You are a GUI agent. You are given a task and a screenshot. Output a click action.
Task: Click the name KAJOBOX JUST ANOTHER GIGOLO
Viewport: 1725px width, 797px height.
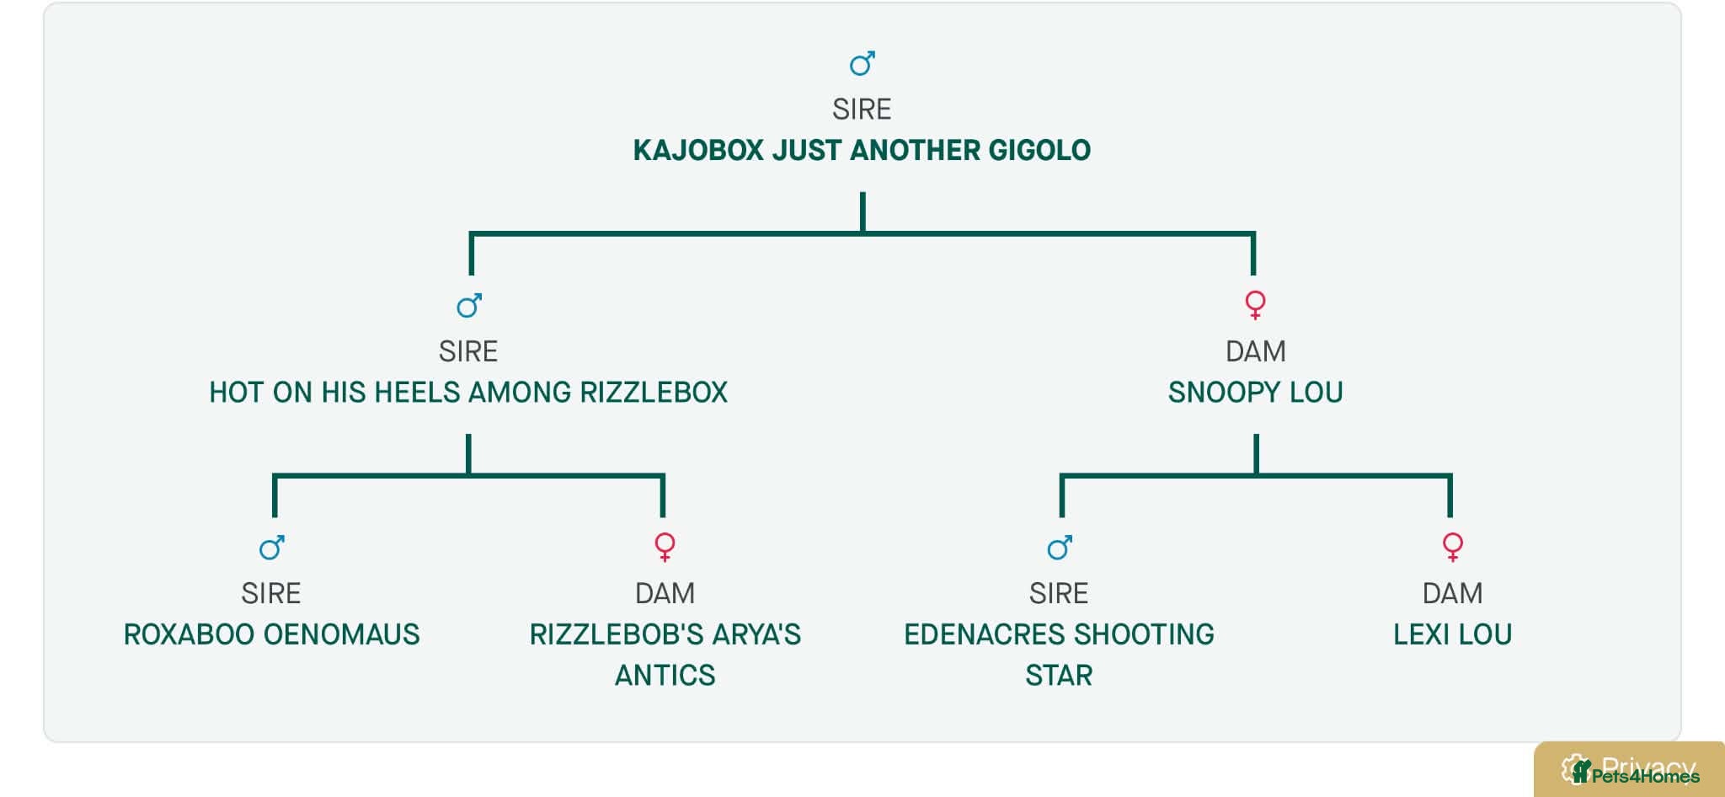(x=862, y=150)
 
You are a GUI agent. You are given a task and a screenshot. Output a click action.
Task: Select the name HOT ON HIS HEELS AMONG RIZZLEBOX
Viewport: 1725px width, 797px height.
(x=468, y=392)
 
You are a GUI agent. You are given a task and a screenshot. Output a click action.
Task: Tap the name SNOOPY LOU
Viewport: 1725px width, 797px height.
(x=1255, y=392)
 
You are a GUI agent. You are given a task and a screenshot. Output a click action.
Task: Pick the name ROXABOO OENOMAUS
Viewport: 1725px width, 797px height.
(x=271, y=634)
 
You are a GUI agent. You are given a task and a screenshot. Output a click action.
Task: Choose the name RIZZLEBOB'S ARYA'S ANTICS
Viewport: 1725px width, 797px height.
(x=665, y=655)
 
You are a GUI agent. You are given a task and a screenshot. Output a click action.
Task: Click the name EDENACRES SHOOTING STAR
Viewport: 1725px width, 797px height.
(x=1059, y=655)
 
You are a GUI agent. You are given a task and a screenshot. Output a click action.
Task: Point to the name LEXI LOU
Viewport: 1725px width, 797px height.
(x=1452, y=634)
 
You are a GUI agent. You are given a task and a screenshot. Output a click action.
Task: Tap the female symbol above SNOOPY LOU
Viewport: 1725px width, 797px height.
(x=1255, y=304)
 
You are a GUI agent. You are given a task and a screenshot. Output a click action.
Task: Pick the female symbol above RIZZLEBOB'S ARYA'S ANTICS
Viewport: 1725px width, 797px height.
(x=665, y=547)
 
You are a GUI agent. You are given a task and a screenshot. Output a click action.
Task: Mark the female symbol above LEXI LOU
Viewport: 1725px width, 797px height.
(x=1452, y=547)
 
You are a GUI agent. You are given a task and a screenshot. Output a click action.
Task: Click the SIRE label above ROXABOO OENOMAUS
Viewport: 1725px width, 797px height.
(x=271, y=593)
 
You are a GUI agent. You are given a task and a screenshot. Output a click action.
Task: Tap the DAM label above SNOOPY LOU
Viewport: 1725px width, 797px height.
(x=1255, y=351)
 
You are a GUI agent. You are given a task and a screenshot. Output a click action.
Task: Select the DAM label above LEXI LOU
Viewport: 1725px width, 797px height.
(x=1452, y=593)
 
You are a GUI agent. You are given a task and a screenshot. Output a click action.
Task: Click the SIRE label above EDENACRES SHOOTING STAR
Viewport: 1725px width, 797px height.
(x=1059, y=593)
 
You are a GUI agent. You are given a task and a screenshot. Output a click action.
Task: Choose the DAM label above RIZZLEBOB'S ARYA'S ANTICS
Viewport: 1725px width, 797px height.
(x=665, y=593)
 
